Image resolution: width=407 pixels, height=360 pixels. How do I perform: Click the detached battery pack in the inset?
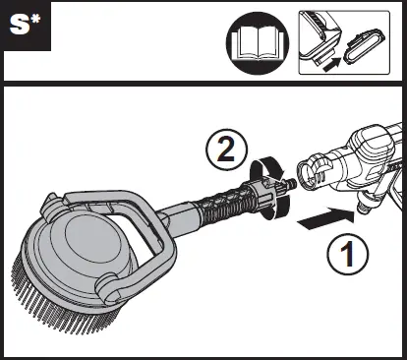[365, 46]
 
